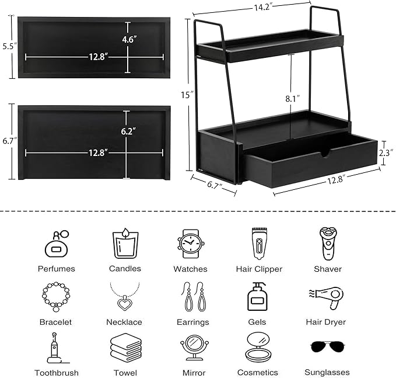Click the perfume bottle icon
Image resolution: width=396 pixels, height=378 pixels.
[57, 242]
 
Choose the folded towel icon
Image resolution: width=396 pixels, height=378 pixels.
[125, 348]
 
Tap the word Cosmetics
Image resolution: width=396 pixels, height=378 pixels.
[257, 372]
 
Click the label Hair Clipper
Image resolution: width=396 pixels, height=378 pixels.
[260, 269]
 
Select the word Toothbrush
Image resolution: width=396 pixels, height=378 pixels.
[56, 372]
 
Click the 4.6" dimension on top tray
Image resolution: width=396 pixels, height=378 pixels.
[128, 39]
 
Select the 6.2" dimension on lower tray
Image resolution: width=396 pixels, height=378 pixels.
[128, 131]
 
